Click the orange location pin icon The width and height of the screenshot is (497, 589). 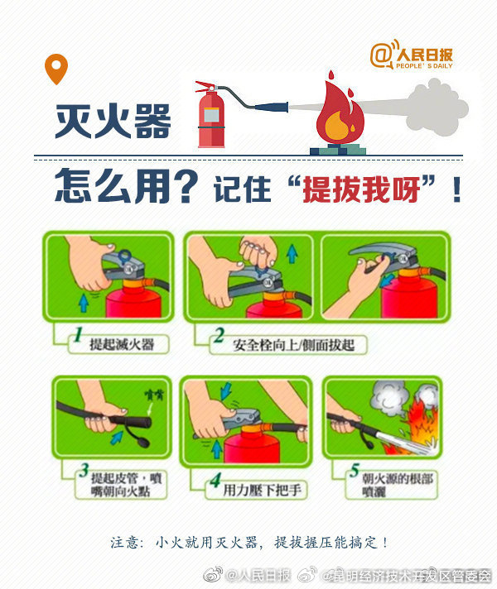(55, 69)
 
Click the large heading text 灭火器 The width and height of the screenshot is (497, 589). (113, 121)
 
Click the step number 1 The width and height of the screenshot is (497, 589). (75, 337)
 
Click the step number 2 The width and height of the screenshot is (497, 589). (218, 337)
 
